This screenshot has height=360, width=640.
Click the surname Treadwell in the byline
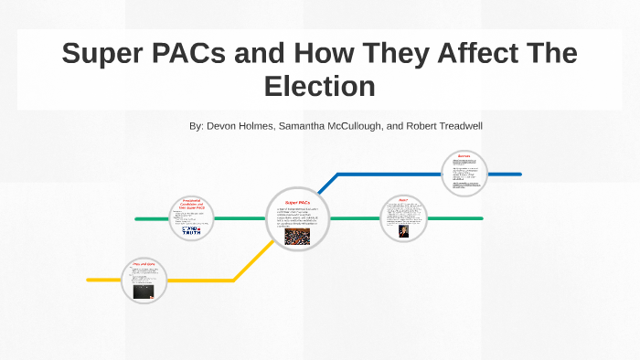453,125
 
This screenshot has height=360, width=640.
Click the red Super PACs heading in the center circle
297,202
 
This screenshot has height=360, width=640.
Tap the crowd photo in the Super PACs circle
297,236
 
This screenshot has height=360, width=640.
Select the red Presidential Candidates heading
192,205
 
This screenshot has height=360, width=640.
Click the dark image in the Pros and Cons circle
143,292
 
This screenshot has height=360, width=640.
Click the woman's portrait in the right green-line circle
403,230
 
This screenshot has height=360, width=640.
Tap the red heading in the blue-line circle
464,156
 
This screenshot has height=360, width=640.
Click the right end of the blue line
518,174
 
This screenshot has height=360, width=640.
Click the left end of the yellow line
90,280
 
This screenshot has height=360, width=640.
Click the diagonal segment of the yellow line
251,260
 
